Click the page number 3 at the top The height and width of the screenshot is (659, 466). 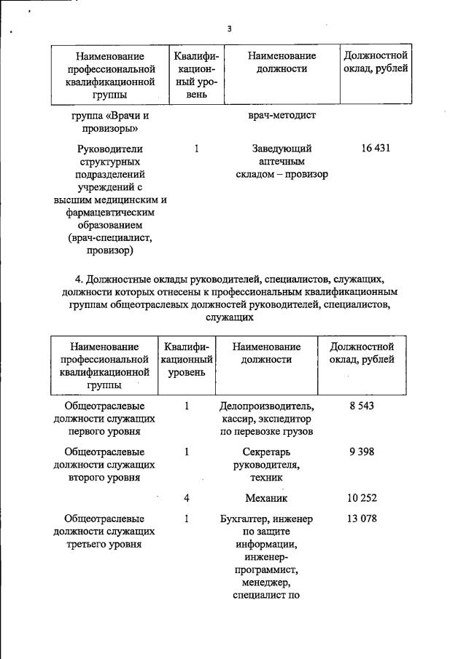[x=229, y=29]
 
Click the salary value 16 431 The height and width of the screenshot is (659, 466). [x=376, y=148]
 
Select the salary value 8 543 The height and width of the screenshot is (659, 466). [x=361, y=405]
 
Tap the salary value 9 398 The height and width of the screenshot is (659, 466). [x=361, y=451]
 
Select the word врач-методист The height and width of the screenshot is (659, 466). [x=281, y=116]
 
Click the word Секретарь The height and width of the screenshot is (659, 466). [x=266, y=451]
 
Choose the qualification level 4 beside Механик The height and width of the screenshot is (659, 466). [x=187, y=498]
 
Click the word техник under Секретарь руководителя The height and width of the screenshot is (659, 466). [x=266, y=478]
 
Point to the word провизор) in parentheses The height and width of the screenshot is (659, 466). [x=109, y=251]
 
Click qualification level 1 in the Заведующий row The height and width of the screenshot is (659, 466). [x=196, y=148]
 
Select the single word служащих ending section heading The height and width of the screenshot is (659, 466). [x=229, y=317]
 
